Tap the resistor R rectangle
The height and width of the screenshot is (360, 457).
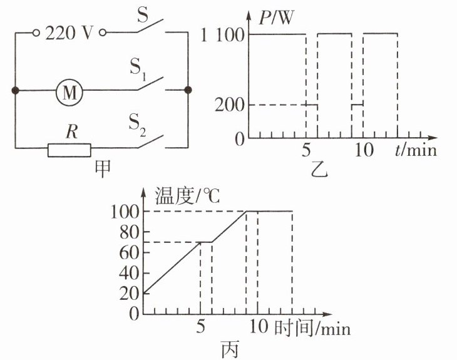[x=69, y=149]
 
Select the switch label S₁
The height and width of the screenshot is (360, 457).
[x=138, y=66]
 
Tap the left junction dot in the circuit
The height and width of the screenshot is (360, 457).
[x=15, y=91]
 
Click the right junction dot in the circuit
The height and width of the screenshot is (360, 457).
[x=188, y=91]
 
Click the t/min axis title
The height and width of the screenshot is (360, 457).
[x=416, y=151]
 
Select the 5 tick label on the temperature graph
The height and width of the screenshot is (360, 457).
[x=201, y=327]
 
